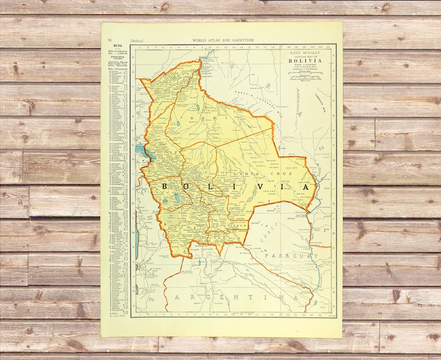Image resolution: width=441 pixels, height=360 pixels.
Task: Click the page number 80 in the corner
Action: (109, 40)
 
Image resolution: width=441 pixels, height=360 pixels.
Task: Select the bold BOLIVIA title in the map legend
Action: (305, 61)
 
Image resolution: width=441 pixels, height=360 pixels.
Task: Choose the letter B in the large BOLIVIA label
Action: (165, 186)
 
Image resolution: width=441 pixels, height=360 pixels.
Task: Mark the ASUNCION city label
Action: (306, 293)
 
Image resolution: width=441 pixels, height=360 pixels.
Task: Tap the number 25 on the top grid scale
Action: (329, 47)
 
